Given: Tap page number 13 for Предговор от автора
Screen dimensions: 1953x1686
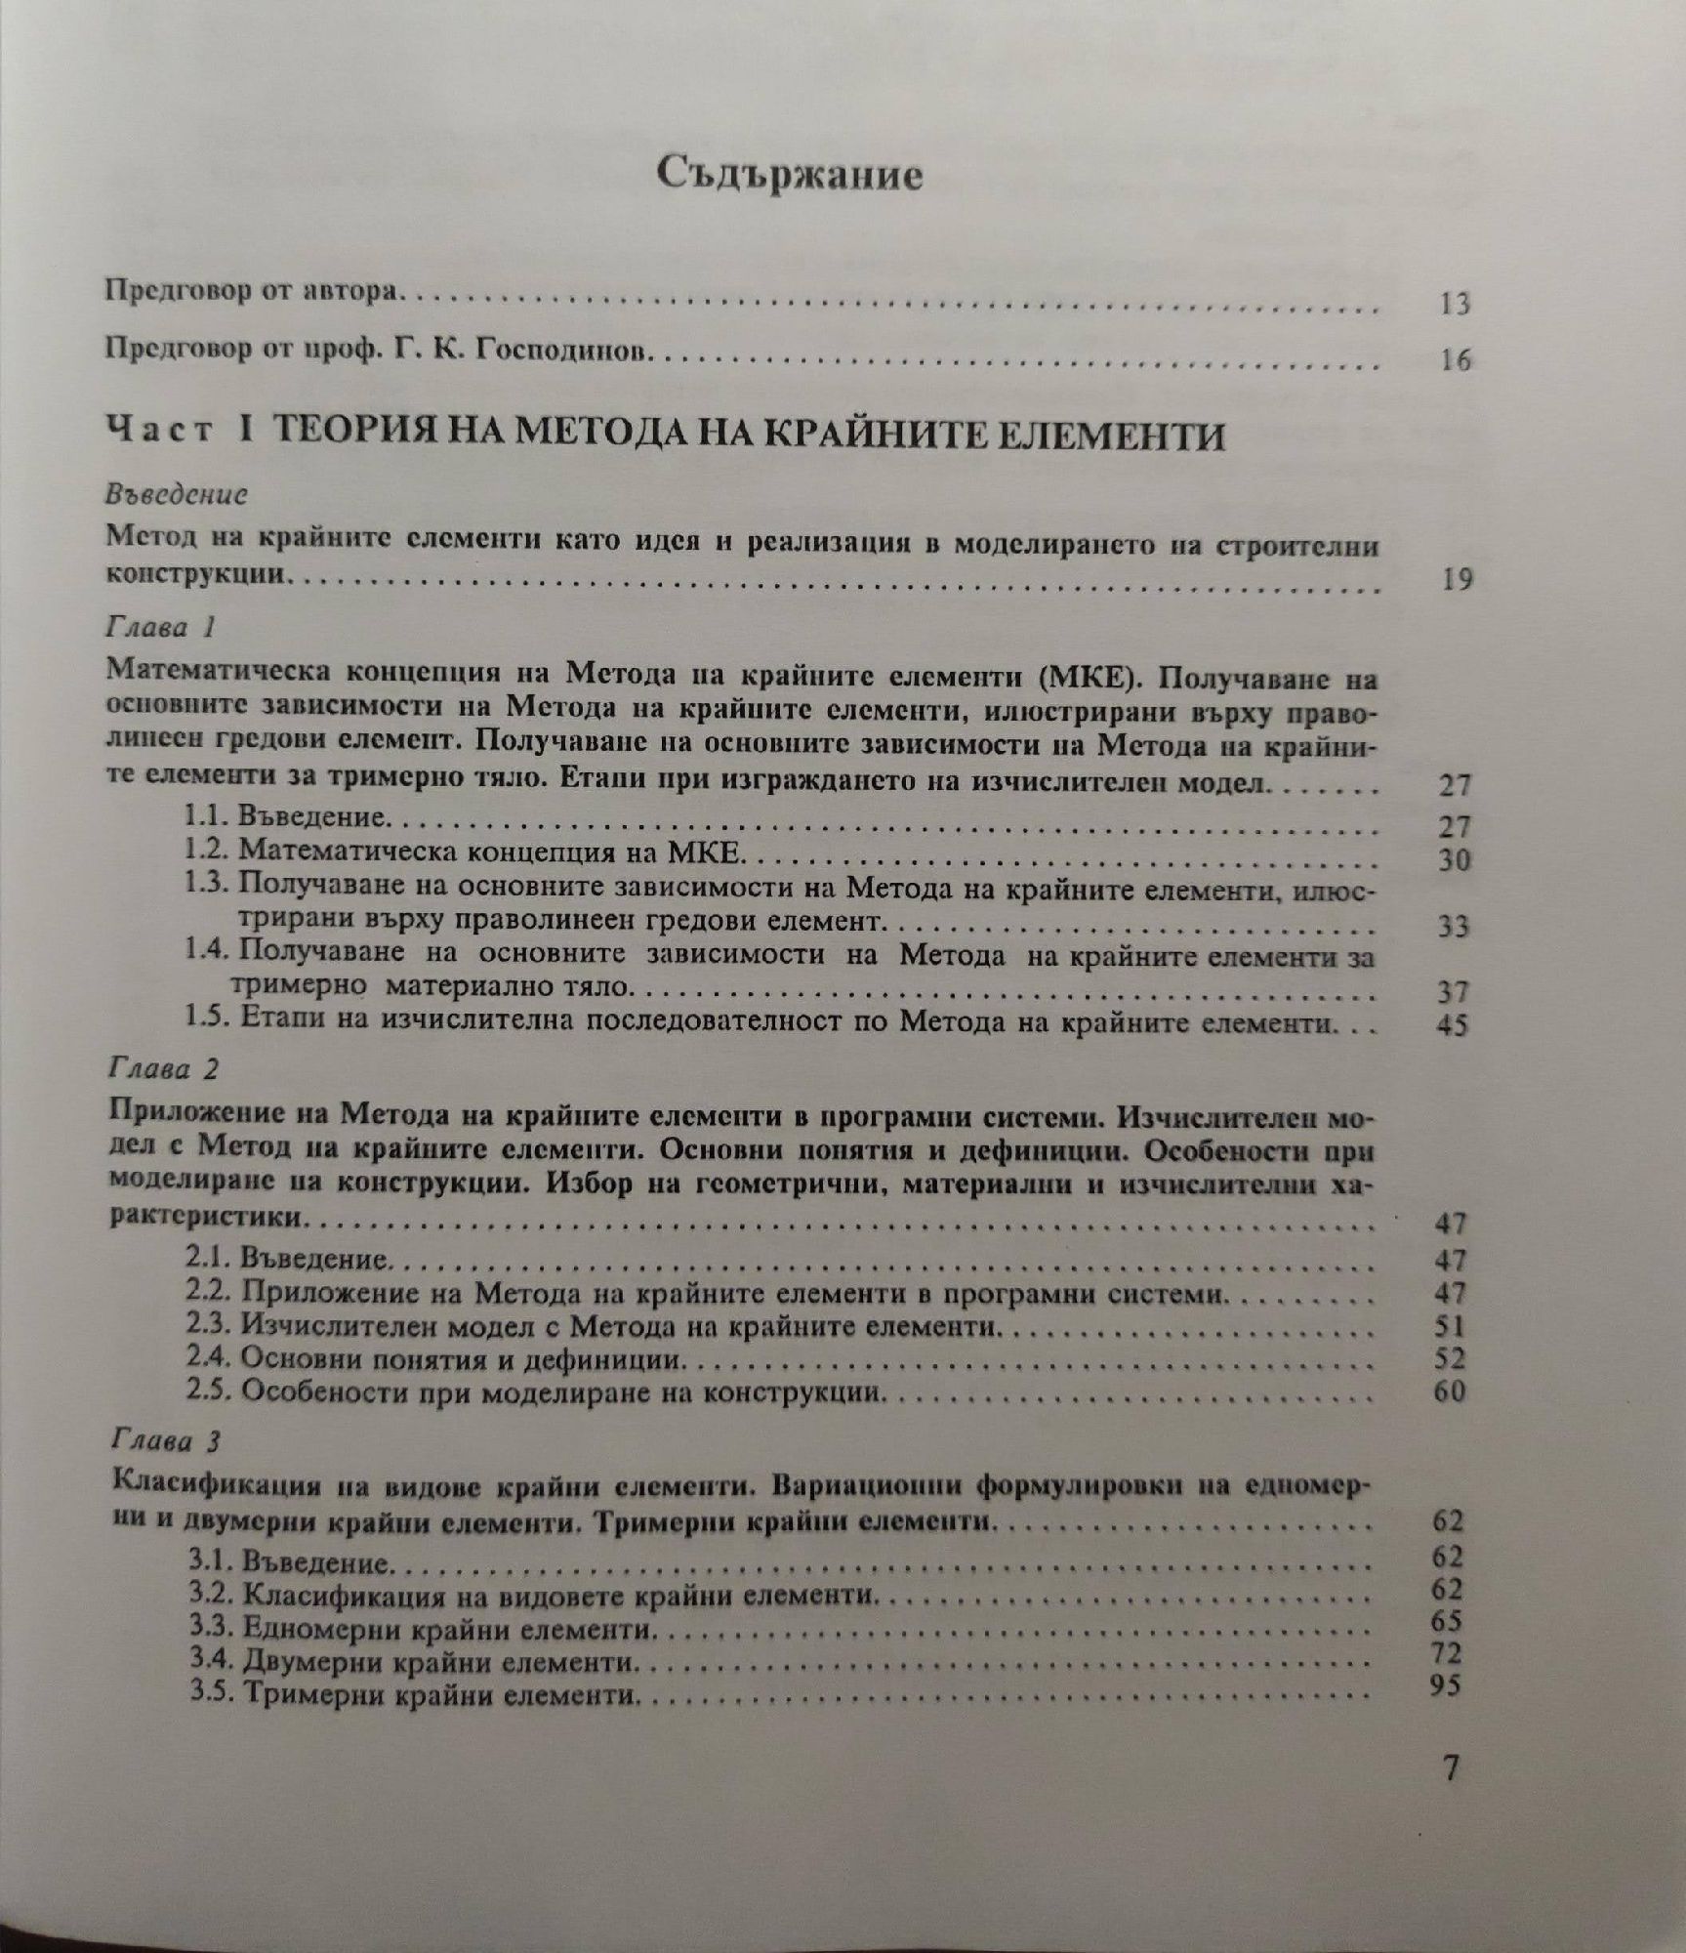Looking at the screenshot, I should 1453,305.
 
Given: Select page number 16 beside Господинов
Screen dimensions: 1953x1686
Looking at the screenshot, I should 1454,360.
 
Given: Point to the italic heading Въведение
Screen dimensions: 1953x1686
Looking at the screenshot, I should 176,494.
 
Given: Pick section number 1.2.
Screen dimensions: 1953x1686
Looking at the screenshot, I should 207,851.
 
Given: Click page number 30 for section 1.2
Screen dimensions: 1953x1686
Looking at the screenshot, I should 1452,860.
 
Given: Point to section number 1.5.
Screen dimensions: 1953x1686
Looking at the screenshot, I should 207,1022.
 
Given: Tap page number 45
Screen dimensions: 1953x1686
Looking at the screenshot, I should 1452,1026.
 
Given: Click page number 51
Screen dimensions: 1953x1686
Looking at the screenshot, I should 1452,1326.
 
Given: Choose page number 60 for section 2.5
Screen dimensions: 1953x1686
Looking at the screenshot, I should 1452,1391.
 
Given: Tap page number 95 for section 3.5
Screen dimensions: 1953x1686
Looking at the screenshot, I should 1448,1685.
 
